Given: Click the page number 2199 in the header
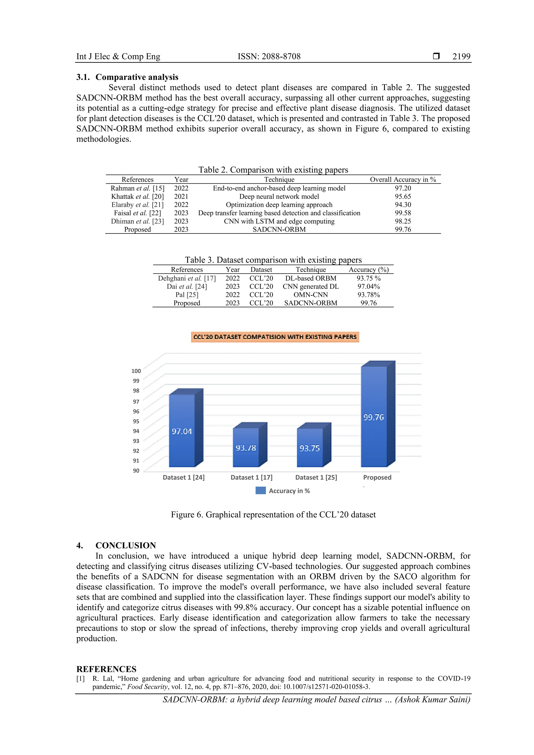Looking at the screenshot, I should coord(461,57).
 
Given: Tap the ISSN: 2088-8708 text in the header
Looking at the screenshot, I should coord(269,57).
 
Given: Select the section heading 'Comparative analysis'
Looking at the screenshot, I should coord(137,77).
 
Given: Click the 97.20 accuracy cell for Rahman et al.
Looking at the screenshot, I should coord(403,188).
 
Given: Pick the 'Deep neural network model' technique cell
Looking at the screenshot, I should coord(279,196).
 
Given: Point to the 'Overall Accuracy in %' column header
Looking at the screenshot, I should coord(403,180).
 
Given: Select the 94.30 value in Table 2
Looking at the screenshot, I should coord(403,205).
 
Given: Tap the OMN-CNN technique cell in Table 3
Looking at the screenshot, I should coord(311,295).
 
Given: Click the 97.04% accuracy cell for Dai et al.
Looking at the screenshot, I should coord(368,286).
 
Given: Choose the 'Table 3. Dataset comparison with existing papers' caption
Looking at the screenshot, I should coord(273,260).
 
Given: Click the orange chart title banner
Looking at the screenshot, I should coord(275,337).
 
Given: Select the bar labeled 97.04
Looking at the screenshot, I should coord(182,431).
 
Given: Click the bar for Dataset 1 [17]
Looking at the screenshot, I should coord(246,448).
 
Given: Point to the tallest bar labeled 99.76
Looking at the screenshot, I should coord(374,417).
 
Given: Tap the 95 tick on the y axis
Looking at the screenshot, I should coord(136,421).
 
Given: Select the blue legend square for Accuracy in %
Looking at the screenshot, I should coord(260,491).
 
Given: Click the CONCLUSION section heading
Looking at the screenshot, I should coord(125,545).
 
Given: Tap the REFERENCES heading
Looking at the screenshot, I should coord(106,669).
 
